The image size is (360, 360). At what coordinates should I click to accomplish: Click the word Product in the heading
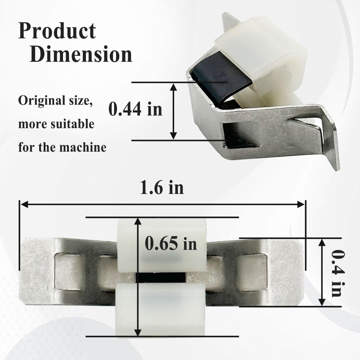(x=57, y=31)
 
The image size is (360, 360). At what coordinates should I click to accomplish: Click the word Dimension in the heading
(x=81, y=54)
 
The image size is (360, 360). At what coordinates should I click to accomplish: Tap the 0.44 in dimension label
(x=135, y=109)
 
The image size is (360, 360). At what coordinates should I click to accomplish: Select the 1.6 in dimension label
(x=162, y=188)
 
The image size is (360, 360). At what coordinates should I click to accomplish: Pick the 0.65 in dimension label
(x=171, y=243)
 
